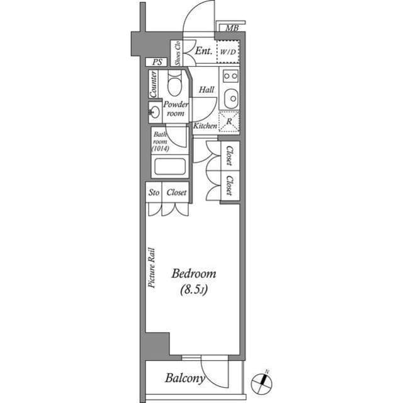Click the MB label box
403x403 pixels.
pyautogui.click(x=231, y=28)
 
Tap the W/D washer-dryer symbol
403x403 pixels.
pyautogui.click(x=227, y=52)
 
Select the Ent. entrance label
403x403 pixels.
pyautogui.click(x=202, y=51)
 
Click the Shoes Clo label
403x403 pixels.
pyautogui.click(x=178, y=53)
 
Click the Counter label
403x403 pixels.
pyautogui.click(x=154, y=84)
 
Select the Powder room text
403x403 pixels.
pyautogui.click(x=174, y=108)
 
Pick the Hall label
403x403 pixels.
pyautogui.click(x=207, y=90)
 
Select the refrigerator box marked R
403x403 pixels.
pyautogui.click(x=228, y=121)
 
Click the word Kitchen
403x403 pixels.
pyautogui.click(x=205, y=126)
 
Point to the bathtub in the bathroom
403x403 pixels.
pyautogui.click(x=169, y=167)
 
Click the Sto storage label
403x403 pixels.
pyautogui.click(x=154, y=192)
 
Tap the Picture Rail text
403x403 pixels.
pyautogui.click(x=152, y=267)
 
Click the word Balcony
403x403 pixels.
pyautogui.click(x=184, y=378)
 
